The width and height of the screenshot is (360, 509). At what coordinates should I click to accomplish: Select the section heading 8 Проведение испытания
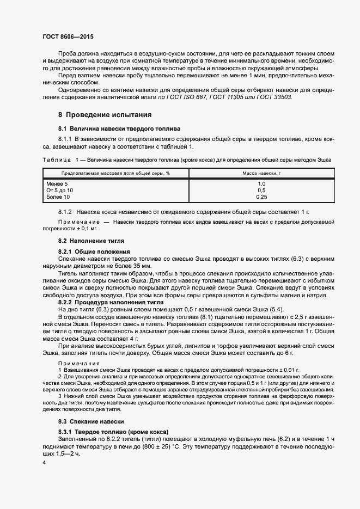[105, 115]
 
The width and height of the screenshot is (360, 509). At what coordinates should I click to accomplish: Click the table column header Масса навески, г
[261, 173]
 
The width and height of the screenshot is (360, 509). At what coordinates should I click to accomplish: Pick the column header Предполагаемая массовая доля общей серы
[115, 173]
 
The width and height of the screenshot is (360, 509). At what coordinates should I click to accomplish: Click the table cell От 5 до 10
[60, 191]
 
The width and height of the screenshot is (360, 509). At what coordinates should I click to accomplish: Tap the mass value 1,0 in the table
[261, 184]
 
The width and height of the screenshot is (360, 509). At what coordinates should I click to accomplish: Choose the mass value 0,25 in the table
[261, 197]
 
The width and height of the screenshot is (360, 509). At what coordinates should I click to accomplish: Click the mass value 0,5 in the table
[261, 191]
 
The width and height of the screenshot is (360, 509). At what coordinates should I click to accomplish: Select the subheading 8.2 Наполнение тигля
[91, 240]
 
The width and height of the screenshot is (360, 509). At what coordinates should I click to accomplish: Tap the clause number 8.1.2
[65, 211]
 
